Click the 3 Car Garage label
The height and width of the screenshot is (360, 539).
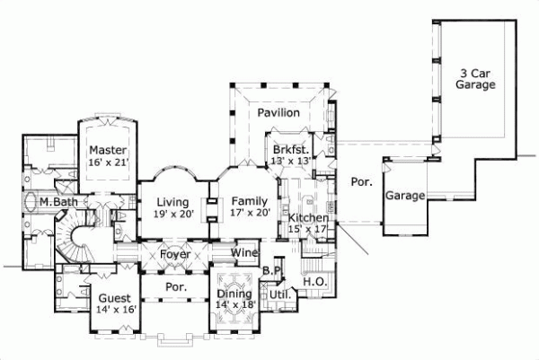coord(477,79)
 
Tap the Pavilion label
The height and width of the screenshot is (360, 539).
coord(278,113)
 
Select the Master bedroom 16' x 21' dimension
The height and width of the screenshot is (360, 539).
coord(108,162)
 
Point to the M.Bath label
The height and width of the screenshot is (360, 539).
coord(57,203)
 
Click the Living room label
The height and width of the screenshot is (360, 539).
coord(172,202)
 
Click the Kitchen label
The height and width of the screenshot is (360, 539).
coord(308,218)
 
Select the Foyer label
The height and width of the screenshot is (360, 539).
coord(176,253)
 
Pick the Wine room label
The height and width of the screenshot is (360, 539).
coord(246,253)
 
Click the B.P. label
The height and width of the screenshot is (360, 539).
coord(273,271)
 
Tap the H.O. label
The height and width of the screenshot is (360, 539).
coord(314,282)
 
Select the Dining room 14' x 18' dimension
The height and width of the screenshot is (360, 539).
coord(236,304)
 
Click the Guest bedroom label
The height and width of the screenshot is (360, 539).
coord(115,298)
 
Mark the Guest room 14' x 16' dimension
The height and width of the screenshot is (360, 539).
coord(115,310)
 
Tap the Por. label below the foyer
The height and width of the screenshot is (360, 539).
coord(176,287)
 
